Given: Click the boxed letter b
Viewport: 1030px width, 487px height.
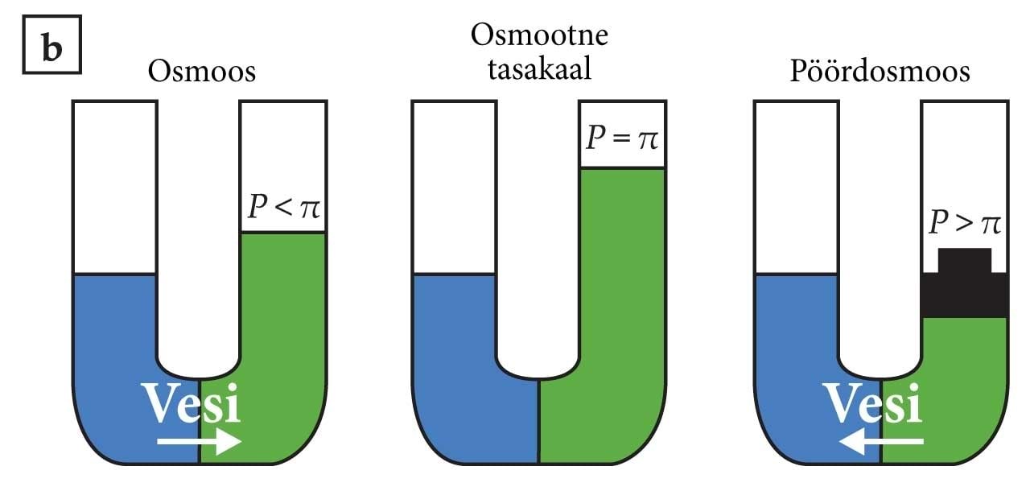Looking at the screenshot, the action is pos(52,44).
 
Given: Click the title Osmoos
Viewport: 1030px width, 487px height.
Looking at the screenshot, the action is pos(201,72).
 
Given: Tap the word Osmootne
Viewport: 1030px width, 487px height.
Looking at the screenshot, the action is pos(539,35).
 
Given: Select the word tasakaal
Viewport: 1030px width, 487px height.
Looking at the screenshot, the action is pos(539,70).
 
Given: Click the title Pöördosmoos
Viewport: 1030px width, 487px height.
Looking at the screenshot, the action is pos(880,72).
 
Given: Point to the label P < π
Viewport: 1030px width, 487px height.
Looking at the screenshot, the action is pos(284,207).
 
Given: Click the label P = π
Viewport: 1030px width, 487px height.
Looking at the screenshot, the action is pos(622,138).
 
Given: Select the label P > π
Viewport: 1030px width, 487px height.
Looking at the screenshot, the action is pos(965,223).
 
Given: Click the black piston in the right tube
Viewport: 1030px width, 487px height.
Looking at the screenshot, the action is pos(965,283).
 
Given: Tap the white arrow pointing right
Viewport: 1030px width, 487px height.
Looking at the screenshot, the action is pos(199,441).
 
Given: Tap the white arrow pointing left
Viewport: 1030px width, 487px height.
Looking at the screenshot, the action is pos(881,441).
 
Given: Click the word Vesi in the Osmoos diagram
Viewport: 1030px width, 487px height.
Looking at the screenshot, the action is pos(191,403).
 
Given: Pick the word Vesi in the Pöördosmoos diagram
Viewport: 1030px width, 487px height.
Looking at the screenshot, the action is pos(872,403).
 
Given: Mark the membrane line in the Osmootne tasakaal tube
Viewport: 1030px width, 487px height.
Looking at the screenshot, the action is pos(539,422).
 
